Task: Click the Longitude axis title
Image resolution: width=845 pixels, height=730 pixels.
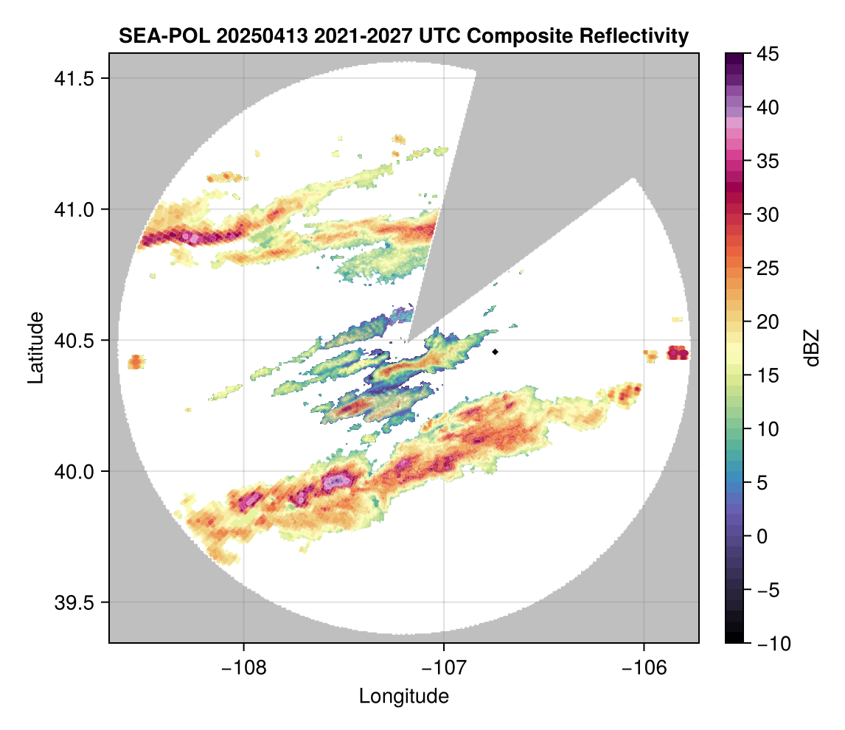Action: click(x=403, y=695)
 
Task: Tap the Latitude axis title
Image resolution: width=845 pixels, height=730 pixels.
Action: click(x=35, y=347)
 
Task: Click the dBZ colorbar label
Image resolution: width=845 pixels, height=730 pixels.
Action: click(x=812, y=348)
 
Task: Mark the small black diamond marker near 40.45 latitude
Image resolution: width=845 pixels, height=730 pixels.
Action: click(x=495, y=352)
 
